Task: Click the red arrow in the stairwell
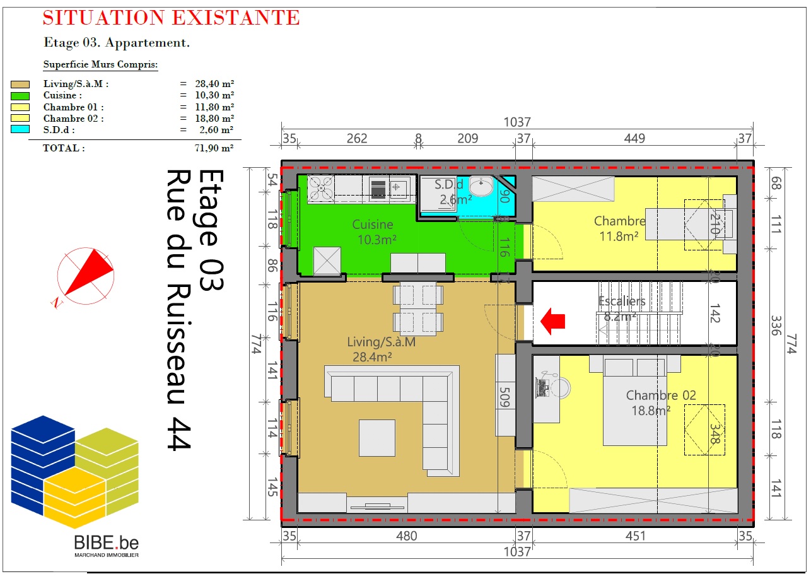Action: pyautogui.click(x=552, y=321)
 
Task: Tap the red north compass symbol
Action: pyautogui.click(x=85, y=276)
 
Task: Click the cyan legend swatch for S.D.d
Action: pyautogui.click(x=20, y=129)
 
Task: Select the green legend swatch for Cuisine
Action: pyautogui.click(x=20, y=96)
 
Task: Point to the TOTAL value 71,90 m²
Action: pyautogui.click(x=214, y=148)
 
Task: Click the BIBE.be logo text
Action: pyautogui.click(x=106, y=543)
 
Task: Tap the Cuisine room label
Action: pyautogui.click(x=373, y=225)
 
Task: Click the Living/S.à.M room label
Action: pyautogui.click(x=382, y=342)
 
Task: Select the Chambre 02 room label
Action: pyautogui.click(x=661, y=395)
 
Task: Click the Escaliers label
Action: pyautogui.click(x=622, y=301)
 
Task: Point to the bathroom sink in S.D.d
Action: pyautogui.click(x=481, y=186)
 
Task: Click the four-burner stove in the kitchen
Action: pyautogui.click(x=321, y=187)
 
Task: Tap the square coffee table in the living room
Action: pyautogui.click(x=377, y=438)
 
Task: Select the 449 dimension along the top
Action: pyautogui.click(x=634, y=138)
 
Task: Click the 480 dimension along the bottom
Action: pyautogui.click(x=406, y=536)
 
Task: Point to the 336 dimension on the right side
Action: pyautogui.click(x=776, y=325)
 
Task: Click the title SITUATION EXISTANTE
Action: pyautogui.click(x=172, y=18)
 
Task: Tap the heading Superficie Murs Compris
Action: pyautogui.click(x=101, y=64)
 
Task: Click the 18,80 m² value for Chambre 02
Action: pyautogui.click(x=214, y=119)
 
